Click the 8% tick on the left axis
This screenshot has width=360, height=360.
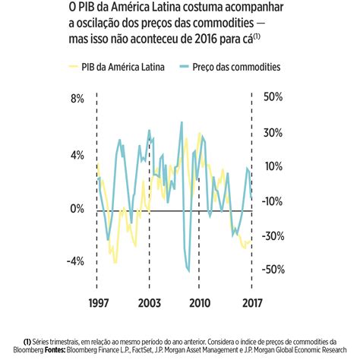[x=77, y=99]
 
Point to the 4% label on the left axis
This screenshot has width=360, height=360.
[x=77, y=155]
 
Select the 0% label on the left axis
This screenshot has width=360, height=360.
[x=77, y=208]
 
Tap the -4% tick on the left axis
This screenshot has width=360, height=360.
[x=74, y=261]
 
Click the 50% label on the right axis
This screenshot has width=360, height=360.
[x=273, y=99]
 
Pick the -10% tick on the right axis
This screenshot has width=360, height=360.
[x=272, y=201]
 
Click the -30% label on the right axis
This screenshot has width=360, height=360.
[x=272, y=235]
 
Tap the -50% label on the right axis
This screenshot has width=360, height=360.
[x=272, y=270]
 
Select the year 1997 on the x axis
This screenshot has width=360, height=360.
[x=96, y=303]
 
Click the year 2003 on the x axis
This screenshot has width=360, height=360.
[x=149, y=303]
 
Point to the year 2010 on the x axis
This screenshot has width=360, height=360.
[x=200, y=303]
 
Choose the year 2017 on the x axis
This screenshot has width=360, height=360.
[x=252, y=303]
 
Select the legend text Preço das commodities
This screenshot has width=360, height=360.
[x=237, y=68]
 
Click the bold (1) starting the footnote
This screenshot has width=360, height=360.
[x=28, y=341]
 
